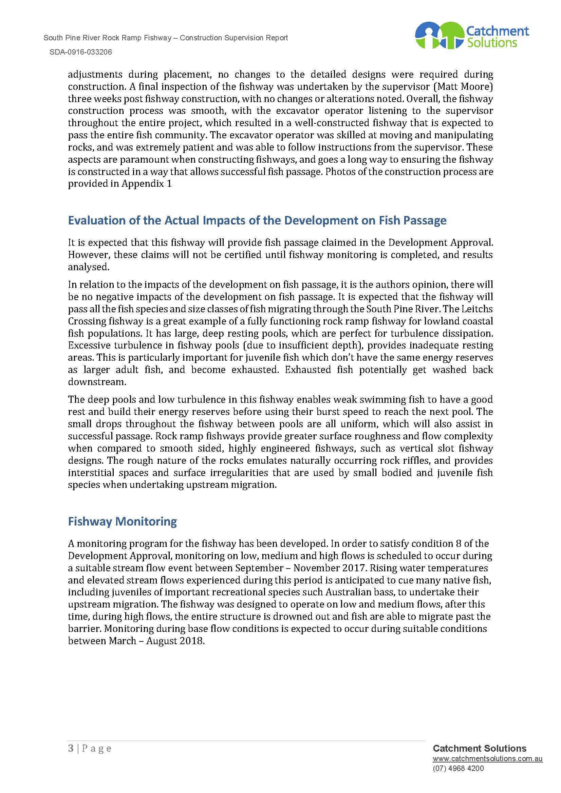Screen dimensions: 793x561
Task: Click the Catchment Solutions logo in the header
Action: [471, 36]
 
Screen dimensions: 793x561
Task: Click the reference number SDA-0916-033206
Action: [80, 52]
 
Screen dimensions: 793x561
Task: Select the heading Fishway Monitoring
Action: [123, 521]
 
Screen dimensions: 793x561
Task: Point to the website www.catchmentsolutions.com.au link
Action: [487, 769]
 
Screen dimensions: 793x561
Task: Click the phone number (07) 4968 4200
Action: [458, 778]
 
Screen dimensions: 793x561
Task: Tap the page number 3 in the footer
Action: [71, 758]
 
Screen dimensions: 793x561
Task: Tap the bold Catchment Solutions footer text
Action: [480, 758]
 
